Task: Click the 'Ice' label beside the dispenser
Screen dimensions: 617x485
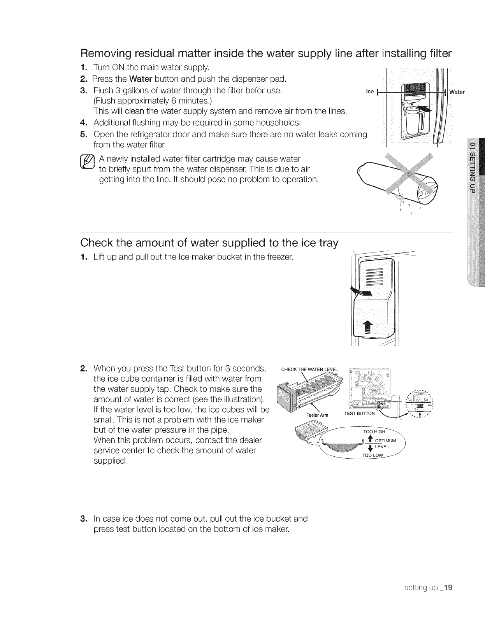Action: (370, 92)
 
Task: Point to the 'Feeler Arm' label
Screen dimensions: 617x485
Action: (317, 415)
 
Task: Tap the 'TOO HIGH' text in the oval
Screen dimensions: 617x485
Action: (374, 431)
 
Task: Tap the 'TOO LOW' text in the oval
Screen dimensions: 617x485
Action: (373, 456)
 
